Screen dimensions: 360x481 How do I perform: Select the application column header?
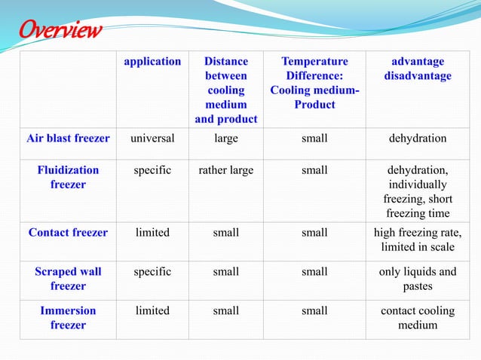152,62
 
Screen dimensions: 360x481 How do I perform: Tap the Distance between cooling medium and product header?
225,90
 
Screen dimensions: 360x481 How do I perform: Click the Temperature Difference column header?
314,83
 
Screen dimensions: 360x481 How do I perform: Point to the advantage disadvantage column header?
417,69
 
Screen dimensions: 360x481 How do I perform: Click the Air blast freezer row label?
68,139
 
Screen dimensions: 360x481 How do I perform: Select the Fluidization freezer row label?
68,178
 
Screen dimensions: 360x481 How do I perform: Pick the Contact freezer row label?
68,233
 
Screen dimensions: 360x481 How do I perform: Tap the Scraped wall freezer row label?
68,279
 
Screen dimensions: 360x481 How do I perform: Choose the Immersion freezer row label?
68,318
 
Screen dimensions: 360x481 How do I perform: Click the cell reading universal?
152,139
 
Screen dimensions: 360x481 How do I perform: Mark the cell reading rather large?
225,170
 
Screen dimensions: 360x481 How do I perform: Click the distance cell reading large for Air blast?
225,139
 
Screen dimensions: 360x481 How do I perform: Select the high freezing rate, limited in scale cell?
417,240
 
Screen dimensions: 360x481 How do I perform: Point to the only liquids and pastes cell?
417,279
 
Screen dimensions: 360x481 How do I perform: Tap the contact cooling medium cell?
417,318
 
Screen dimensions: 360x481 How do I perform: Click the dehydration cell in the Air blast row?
417,139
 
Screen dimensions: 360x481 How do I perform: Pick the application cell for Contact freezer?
152,233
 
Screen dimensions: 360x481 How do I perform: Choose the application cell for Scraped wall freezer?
152,271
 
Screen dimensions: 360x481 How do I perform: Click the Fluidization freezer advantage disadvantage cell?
417,192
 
